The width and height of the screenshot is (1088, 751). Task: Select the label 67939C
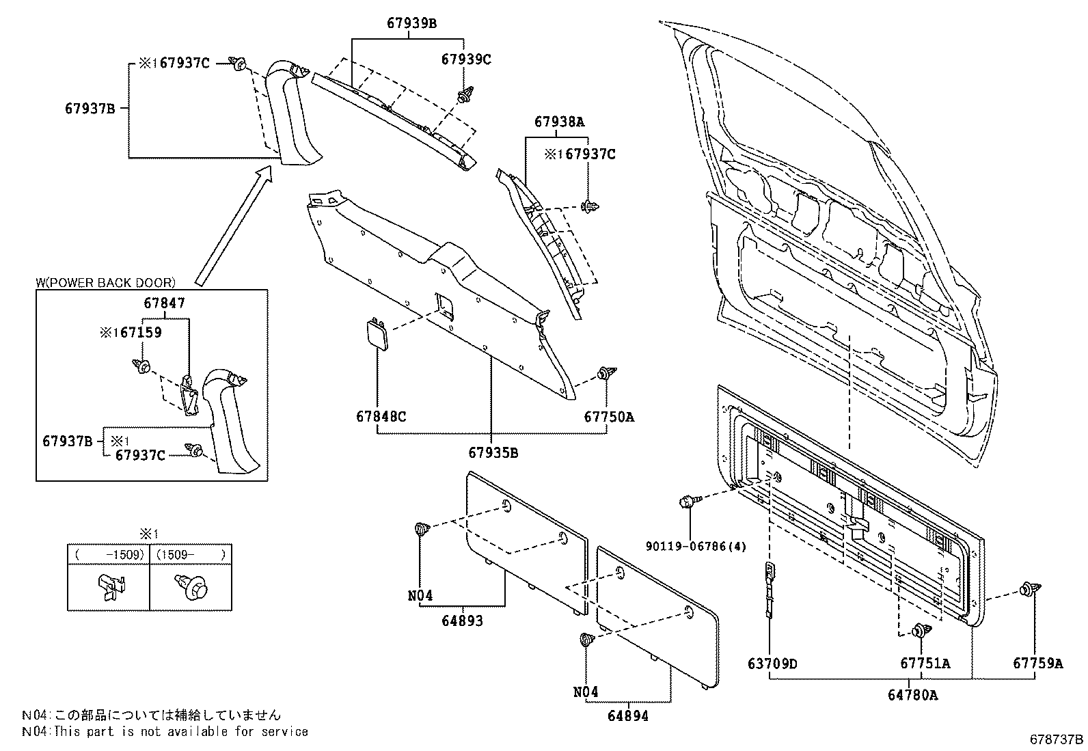465,59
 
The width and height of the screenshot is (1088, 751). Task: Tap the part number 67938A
559,122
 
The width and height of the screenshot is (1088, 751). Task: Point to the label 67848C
381,416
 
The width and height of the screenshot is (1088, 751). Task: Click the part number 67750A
608,416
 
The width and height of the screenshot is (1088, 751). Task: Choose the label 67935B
493,452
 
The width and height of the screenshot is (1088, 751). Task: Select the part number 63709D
772,664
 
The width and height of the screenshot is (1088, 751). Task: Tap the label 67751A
925,664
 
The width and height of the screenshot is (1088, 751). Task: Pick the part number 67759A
1037,664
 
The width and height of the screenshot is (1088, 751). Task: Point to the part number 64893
462,621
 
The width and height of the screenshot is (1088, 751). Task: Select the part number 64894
627,716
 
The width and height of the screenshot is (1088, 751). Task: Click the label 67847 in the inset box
164,303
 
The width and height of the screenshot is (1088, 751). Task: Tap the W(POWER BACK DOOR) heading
105,282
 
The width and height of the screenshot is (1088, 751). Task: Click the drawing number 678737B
1056,739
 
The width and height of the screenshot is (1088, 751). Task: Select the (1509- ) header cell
190,554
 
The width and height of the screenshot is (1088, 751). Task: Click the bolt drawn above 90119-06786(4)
688,502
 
